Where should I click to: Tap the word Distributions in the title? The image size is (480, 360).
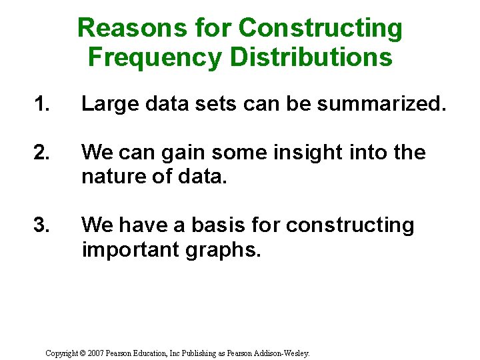311,57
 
